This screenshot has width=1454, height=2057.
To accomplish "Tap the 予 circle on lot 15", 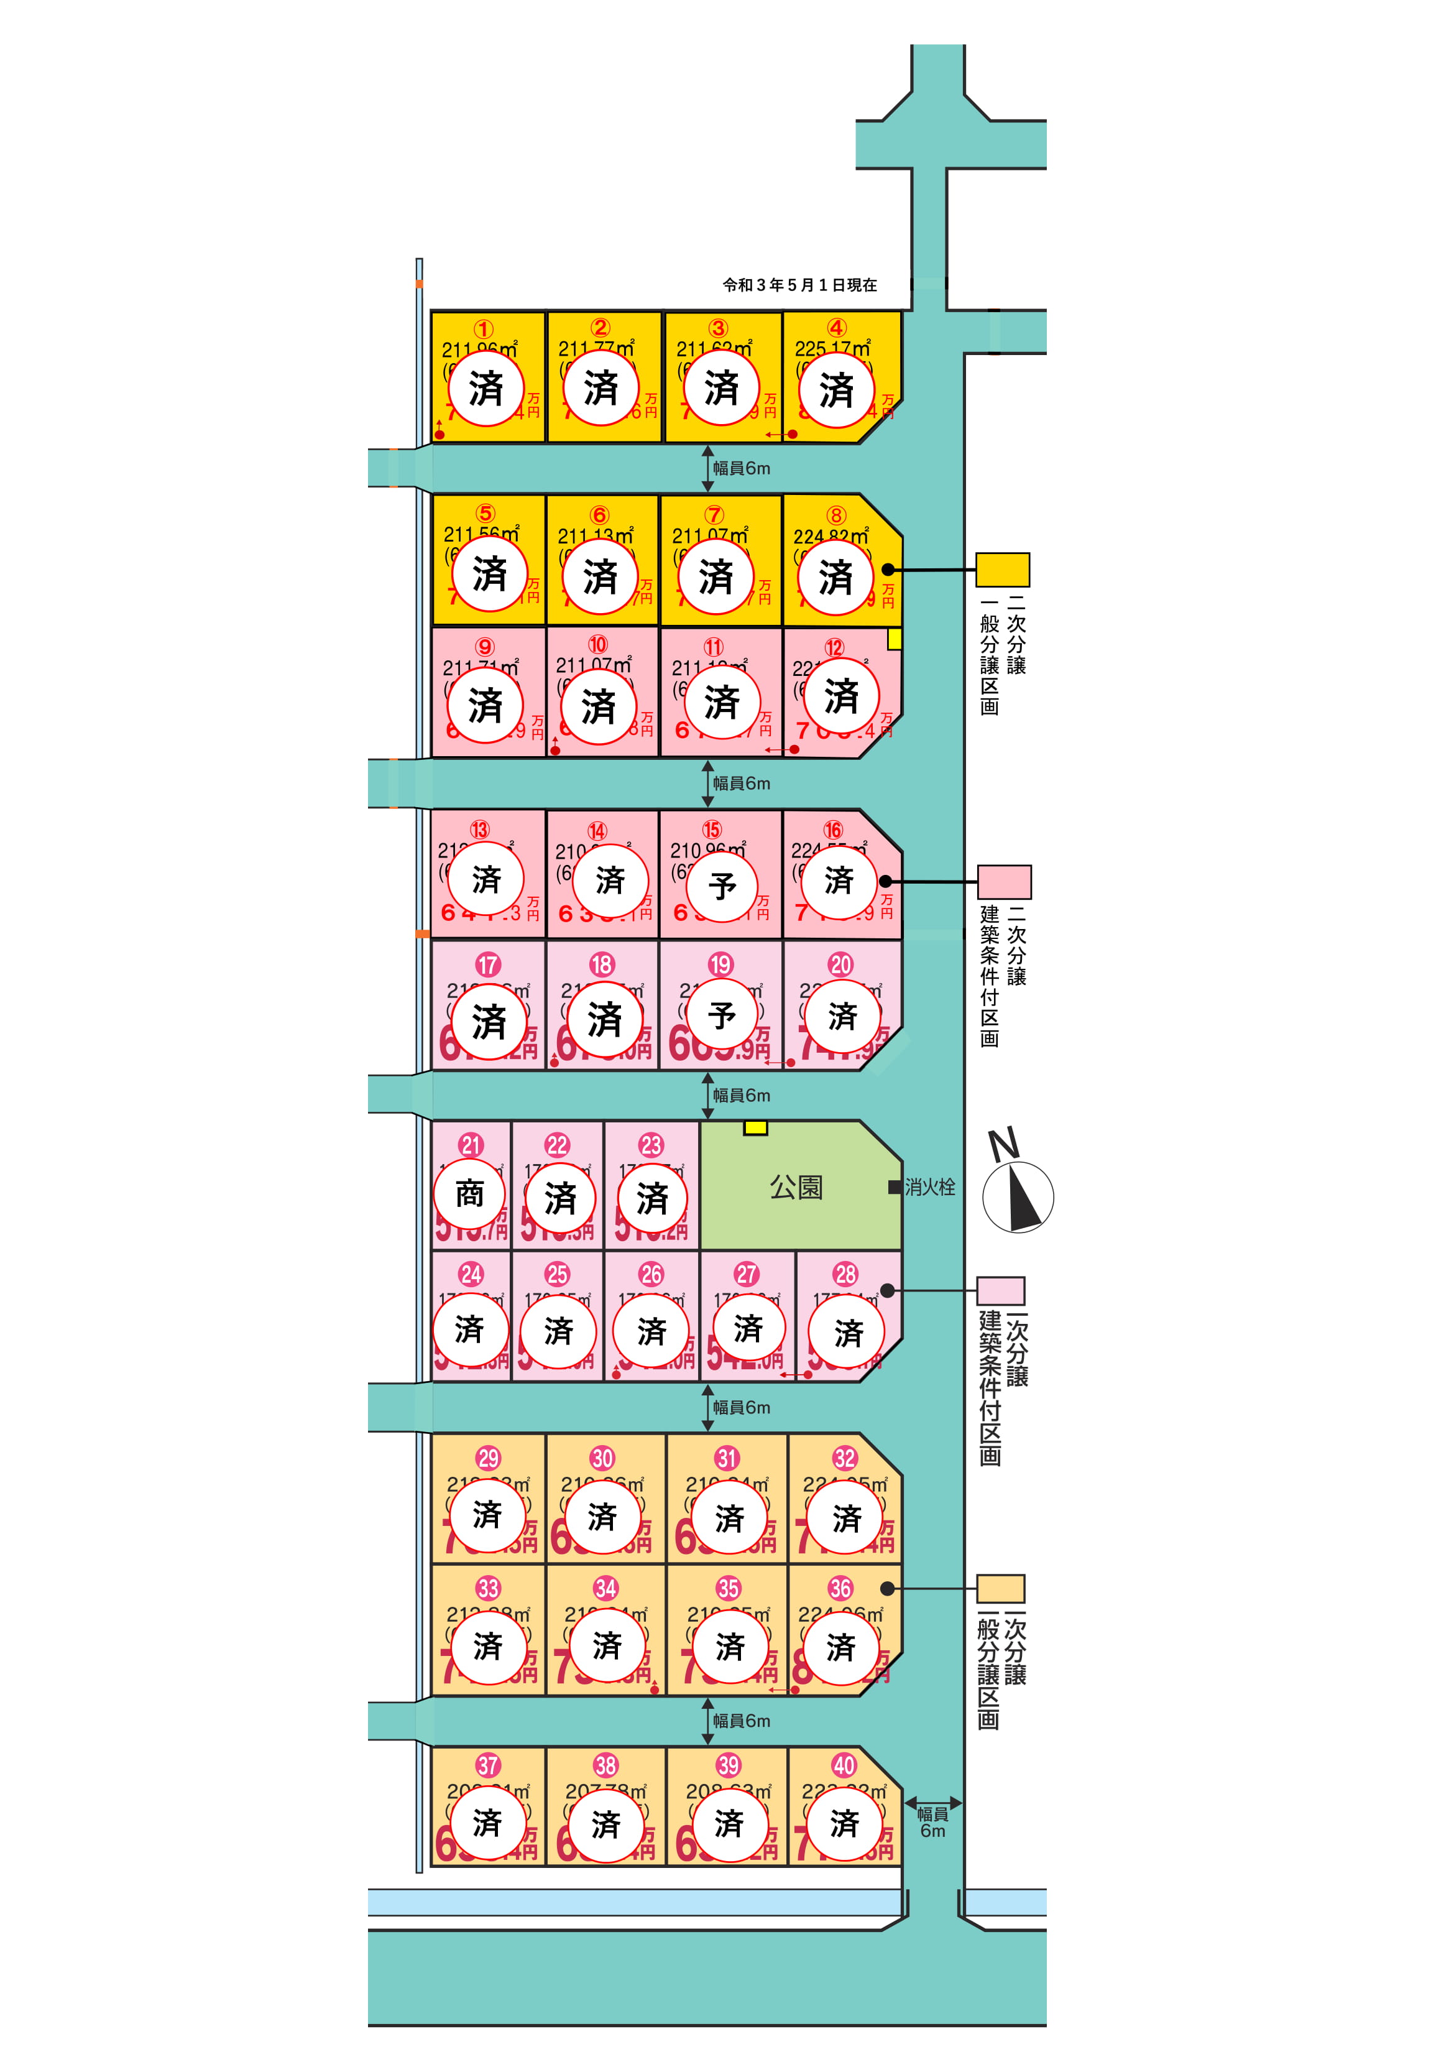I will coord(722,885).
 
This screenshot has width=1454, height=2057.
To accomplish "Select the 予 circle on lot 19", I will coord(722,1016).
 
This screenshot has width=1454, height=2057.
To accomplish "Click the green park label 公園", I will coord(796,1187).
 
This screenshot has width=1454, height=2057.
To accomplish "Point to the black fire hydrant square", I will coord(894,1187).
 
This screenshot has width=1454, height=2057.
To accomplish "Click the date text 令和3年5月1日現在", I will coord(800,285).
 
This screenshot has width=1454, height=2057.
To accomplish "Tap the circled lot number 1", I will coord(483,330).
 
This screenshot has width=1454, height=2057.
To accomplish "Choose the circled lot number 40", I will coord(844,1766).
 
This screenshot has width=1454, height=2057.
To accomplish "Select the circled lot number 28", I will coord(845,1274).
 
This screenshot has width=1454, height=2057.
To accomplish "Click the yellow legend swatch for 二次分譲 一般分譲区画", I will coord(1003,570).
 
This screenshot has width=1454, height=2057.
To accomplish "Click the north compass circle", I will coord(1018,1197).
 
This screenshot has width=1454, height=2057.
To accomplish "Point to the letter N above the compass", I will coord(1003,1144).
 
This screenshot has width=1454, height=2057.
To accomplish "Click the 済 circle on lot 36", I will coord(840,1647).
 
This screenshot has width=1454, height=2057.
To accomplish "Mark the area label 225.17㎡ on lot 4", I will coord(832,348).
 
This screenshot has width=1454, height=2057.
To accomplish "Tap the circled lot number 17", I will coord(487,965).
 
